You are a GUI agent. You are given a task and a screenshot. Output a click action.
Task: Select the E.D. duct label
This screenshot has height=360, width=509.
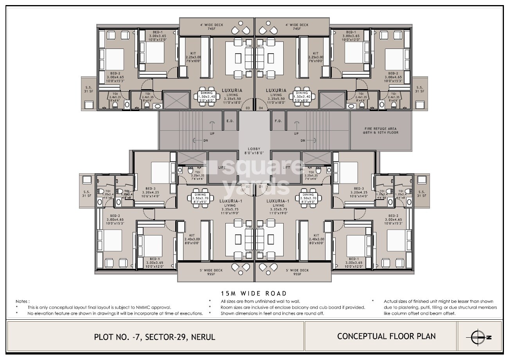230,121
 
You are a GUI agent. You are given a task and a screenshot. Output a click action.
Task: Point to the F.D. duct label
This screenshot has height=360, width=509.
279,121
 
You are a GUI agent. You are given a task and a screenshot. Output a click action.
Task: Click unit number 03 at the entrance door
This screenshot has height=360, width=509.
247,108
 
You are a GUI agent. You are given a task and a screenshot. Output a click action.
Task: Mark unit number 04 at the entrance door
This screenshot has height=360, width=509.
261,108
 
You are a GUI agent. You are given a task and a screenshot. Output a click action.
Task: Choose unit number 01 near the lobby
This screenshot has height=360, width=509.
261,187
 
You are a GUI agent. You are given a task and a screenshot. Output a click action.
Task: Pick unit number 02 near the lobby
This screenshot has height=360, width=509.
247,187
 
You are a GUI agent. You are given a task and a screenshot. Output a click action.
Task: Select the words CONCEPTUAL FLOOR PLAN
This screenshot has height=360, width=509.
386,336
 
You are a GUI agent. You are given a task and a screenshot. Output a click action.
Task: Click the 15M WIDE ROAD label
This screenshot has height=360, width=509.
254,293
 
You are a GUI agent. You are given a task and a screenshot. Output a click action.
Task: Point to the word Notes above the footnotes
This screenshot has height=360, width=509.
22,302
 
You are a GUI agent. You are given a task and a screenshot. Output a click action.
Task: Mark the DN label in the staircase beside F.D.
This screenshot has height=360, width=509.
302,140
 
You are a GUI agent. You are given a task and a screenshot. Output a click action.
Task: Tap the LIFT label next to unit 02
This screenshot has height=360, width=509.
221,167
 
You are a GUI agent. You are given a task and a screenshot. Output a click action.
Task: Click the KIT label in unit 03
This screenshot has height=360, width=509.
193,53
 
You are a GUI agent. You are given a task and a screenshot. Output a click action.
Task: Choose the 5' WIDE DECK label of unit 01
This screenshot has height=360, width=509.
297,270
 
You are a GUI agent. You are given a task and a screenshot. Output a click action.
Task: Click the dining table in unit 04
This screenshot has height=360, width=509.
303,96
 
